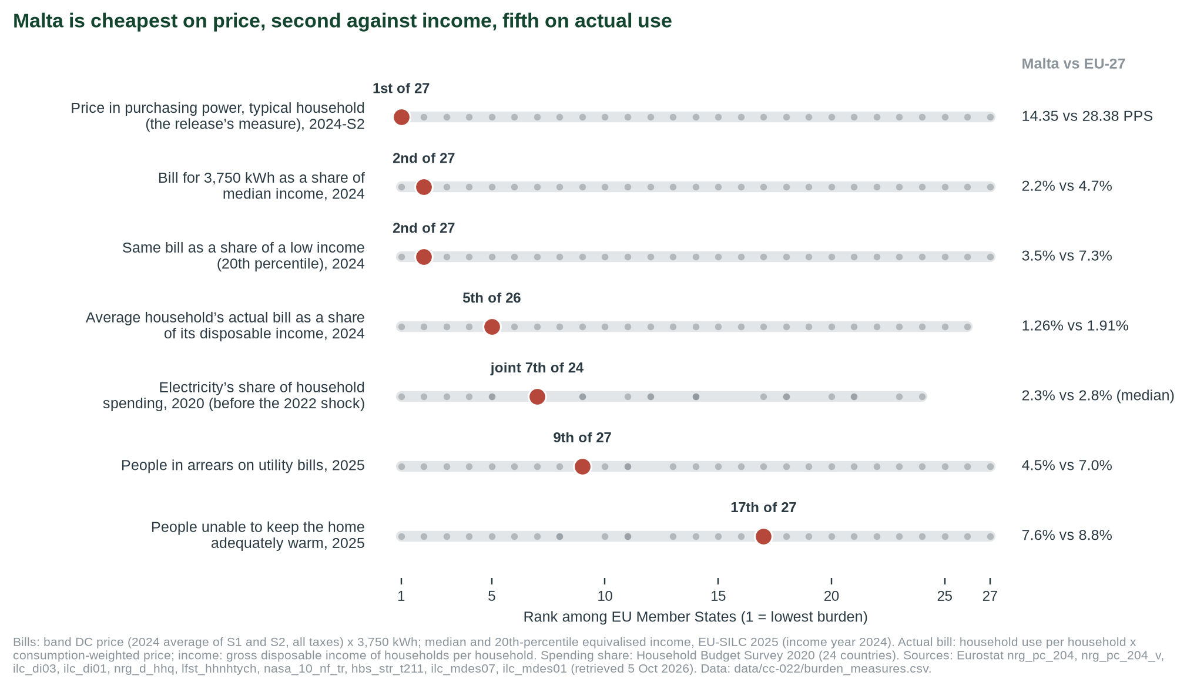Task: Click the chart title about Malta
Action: [342, 21]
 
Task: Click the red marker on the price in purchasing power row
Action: [401, 117]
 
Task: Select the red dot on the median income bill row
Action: [424, 187]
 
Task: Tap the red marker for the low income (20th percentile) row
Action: [424, 257]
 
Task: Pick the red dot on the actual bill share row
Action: [492, 327]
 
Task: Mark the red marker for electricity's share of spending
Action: [537, 396]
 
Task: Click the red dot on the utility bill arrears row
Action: [582, 466]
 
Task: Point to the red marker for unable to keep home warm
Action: [763, 536]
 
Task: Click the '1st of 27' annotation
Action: [401, 89]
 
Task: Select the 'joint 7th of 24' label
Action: [537, 368]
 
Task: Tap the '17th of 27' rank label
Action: [763, 507]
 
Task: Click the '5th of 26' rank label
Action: [492, 298]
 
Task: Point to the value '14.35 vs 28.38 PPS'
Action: [1087, 116]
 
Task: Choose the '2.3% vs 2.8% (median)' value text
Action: [1098, 396]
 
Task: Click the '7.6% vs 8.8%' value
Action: [1067, 536]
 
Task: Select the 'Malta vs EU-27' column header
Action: [1073, 64]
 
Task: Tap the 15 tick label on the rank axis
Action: [718, 596]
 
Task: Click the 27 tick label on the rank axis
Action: [990, 596]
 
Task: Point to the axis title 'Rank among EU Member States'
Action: [695, 617]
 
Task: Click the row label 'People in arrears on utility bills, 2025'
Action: [243, 466]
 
